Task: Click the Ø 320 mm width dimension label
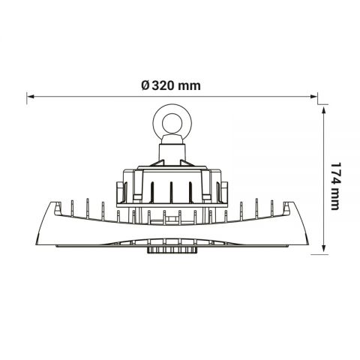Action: tap(170, 85)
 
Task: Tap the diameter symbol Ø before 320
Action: tap(145, 85)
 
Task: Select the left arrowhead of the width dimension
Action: tap(31, 95)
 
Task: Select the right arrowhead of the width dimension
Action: tap(313, 95)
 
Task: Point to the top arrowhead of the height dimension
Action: tap(323, 109)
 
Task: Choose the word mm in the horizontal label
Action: tap(190, 85)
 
